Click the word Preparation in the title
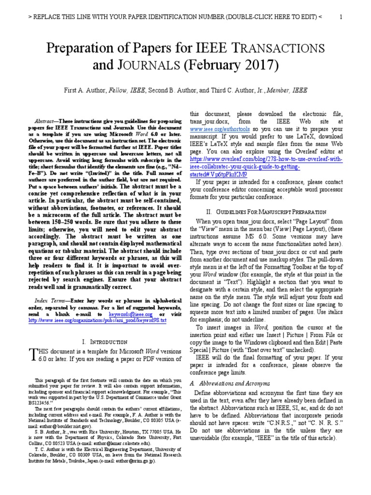83,48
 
